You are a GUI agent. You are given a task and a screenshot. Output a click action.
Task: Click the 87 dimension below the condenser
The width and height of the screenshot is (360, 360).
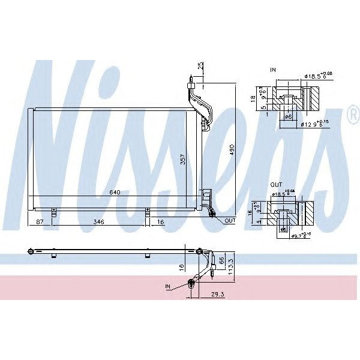coord(40,222)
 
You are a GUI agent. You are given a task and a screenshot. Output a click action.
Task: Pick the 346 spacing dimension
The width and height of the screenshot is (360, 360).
coord(98,222)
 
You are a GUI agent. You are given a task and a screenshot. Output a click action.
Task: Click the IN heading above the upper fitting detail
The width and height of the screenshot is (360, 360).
coord(273,71)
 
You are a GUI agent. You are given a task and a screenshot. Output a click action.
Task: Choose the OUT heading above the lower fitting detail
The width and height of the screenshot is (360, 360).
coord(275,185)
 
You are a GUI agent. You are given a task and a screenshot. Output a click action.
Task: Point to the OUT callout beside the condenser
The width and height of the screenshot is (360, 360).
coord(230,221)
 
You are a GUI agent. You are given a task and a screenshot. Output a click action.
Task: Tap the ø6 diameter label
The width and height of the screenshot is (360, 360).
coord(287,117)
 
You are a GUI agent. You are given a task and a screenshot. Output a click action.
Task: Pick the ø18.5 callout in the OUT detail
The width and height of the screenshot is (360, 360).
coord(283,193)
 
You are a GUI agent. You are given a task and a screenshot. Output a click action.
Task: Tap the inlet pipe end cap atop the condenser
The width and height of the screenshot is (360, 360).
coord(190,78)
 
